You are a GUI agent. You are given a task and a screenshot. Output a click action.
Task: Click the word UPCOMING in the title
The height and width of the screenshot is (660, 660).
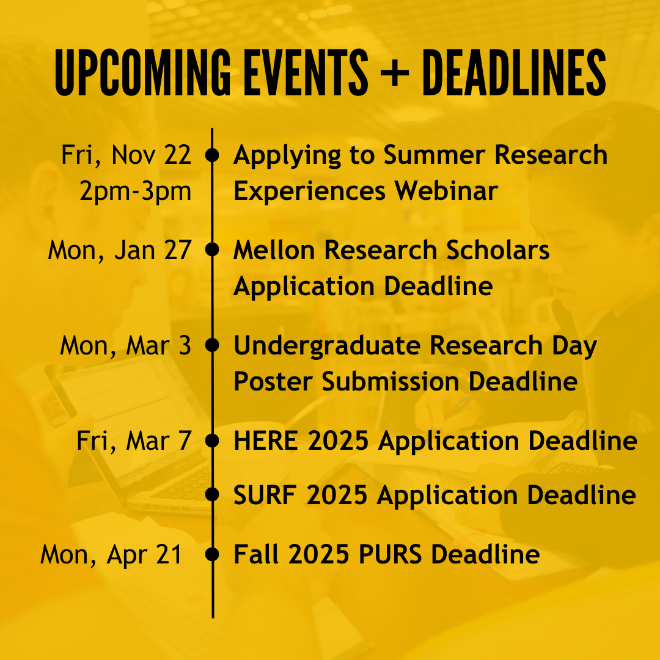(142, 72)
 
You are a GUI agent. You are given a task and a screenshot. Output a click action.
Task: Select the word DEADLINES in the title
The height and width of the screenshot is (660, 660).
(514, 72)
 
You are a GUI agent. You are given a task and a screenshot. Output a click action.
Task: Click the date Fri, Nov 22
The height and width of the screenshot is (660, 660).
(127, 155)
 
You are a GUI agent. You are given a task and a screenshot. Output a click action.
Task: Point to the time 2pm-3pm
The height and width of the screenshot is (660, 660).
(136, 191)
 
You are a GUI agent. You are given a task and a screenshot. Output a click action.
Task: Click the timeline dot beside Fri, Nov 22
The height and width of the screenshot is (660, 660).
(212, 155)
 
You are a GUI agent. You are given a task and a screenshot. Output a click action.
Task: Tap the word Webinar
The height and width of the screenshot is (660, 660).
(446, 191)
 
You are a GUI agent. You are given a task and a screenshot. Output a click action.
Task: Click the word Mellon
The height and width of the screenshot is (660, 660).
(274, 250)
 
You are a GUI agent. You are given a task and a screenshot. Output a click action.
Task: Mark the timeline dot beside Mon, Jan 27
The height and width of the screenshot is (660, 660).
(212, 249)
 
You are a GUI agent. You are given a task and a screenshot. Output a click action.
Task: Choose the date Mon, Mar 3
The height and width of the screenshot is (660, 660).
(125, 346)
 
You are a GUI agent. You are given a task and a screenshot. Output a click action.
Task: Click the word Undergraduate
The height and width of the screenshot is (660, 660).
(327, 346)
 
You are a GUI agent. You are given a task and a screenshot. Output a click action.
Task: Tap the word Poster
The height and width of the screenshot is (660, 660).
(273, 381)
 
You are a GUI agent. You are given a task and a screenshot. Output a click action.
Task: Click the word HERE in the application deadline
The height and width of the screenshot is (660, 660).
(266, 441)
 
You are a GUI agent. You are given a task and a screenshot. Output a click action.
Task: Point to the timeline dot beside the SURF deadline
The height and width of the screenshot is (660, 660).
(212, 494)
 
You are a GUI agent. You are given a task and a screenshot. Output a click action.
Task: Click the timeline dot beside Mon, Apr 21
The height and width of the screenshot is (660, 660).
(212, 554)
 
